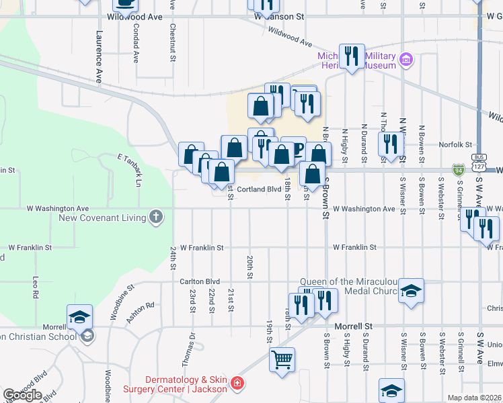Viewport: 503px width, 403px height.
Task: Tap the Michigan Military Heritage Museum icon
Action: (405, 60)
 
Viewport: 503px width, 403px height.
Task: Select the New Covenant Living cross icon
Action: (156, 216)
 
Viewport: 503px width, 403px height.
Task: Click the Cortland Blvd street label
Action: (259, 189)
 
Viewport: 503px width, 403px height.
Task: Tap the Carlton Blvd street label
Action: (200, 281)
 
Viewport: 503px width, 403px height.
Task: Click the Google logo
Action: (22, 395)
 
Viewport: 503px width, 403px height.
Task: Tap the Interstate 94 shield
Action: (459, 170)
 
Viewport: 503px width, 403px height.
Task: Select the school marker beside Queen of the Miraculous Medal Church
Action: (410, 291)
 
